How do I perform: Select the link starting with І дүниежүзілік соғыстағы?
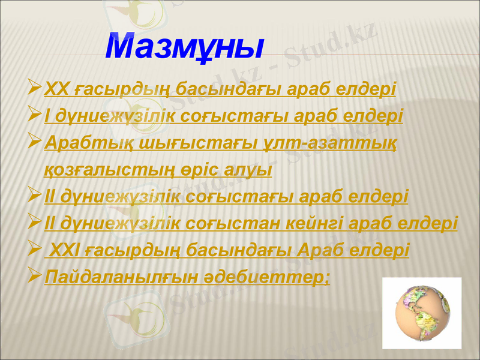pyautogui.click(x=224, y=115)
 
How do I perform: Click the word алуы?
pyautogui.click(x=250, y=170)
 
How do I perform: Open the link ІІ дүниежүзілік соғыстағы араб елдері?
pyautogui.click(x=226, y=197)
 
